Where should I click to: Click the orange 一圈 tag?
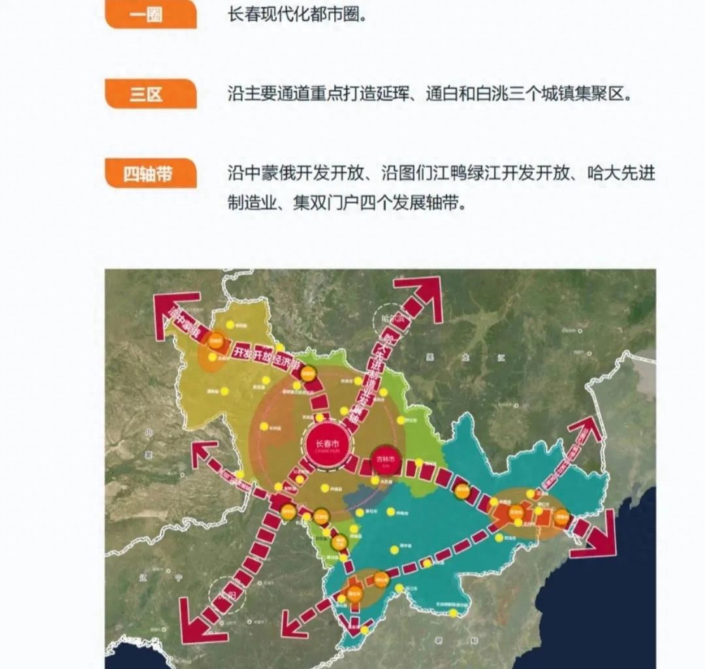pos(150,14)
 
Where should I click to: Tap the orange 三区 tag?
pos(150,94)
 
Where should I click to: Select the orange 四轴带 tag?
pos(150,174)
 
